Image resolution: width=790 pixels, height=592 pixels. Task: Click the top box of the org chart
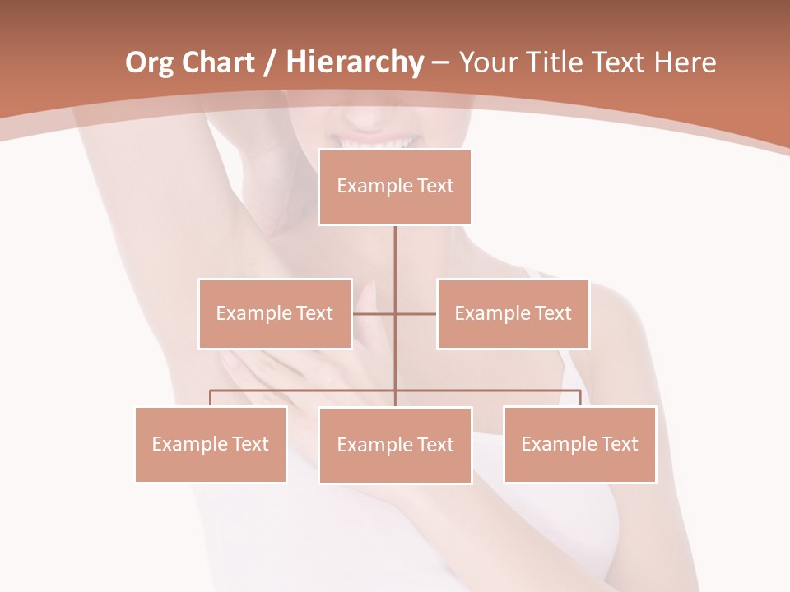pos(395,187)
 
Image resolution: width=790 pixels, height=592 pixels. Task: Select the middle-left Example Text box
pos(274,313)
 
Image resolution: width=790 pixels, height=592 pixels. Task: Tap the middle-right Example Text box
pos(513,313)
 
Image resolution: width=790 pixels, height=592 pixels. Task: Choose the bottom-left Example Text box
pos(211,444)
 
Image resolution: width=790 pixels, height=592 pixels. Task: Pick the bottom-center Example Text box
pos(395,445)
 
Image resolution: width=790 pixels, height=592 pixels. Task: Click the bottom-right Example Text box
pos(579,444)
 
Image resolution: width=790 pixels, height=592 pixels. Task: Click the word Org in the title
pos(149,62)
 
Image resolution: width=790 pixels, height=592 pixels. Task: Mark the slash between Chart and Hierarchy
pos(269,63)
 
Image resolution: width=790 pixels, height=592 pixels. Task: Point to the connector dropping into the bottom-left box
pos(211,398)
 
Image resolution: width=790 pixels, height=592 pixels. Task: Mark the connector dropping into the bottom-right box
pos(579,398)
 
